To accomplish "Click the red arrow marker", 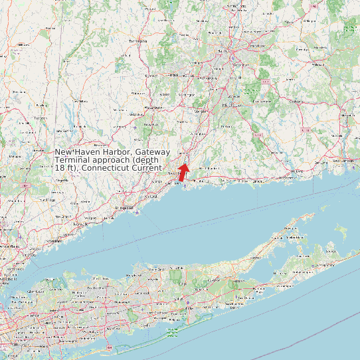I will point(184,171).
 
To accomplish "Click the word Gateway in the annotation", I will point(152,152).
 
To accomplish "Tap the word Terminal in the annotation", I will point(72,160).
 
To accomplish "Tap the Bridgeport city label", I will point(124,208).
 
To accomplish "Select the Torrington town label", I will point(136,41).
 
